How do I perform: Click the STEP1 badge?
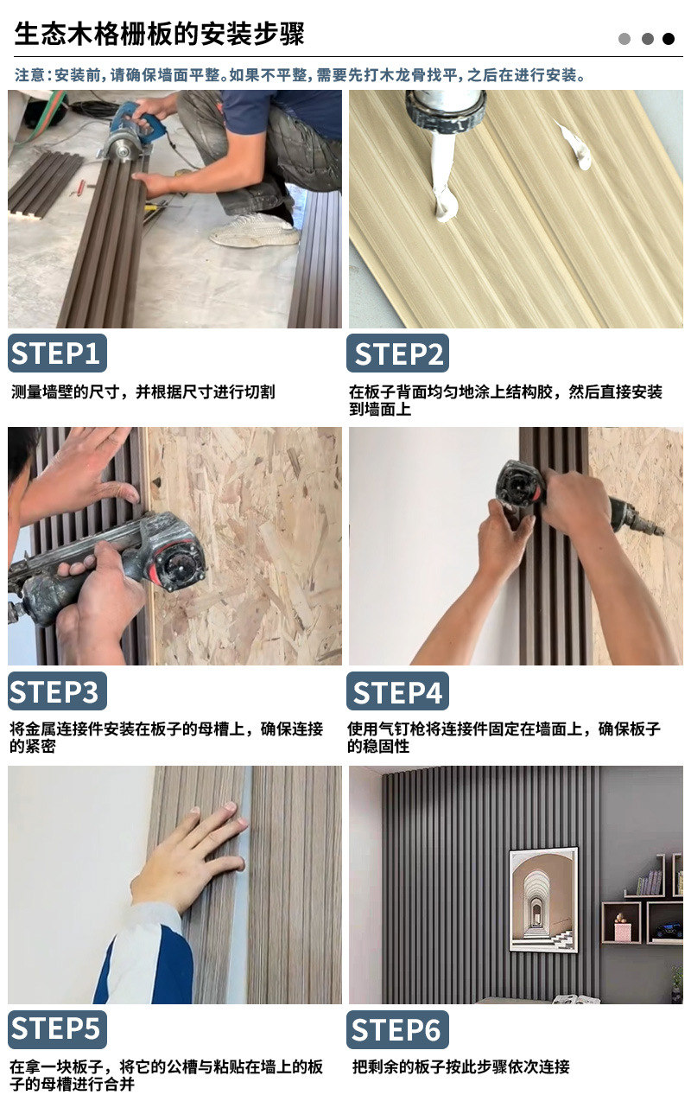click(x=57, y=353)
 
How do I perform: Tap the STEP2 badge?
click(x=398, y=353)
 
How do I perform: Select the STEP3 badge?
click(x=57, y=691)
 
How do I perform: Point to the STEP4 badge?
click(x=398, y=691)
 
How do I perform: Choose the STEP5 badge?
click(x=57, y=1028)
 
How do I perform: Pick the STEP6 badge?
click(x=398, y=1028)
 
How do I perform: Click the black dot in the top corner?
click(x=669, y=39)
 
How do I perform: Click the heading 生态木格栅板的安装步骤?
click(x=159, y=35)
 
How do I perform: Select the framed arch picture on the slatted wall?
click(x=543, y=900)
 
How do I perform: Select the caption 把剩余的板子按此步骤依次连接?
click(x=461, y=1066)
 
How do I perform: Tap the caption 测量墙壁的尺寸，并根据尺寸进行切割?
click(x=143, y=392)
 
